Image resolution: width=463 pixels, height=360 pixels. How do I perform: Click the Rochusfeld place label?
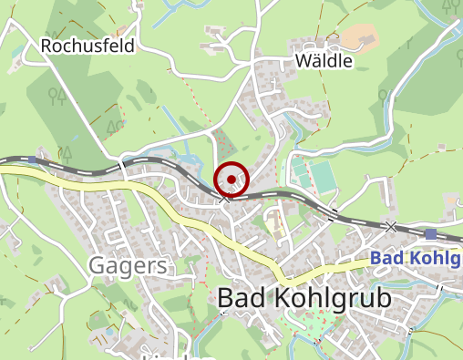(87, 45)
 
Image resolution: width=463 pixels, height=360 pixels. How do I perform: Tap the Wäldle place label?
(323, 61)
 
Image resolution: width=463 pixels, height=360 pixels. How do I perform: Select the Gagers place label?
(129, 266)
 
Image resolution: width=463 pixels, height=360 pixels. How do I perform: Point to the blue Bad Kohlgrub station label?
(416, 258)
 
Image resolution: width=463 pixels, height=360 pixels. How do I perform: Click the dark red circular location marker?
(231, 179)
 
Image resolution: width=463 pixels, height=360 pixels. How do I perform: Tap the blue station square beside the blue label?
(430, 234)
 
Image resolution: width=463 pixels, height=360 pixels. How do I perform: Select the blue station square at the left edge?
(33, 160)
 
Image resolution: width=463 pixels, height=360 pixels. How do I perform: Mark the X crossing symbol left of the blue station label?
(391, 226)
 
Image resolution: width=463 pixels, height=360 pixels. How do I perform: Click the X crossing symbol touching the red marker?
(223, 196)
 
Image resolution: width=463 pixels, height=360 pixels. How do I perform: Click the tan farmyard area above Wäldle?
(360, 37)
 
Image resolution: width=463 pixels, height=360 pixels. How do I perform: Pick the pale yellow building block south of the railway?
(273, 221)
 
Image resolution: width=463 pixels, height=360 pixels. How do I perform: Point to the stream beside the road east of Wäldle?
(390, 109)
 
